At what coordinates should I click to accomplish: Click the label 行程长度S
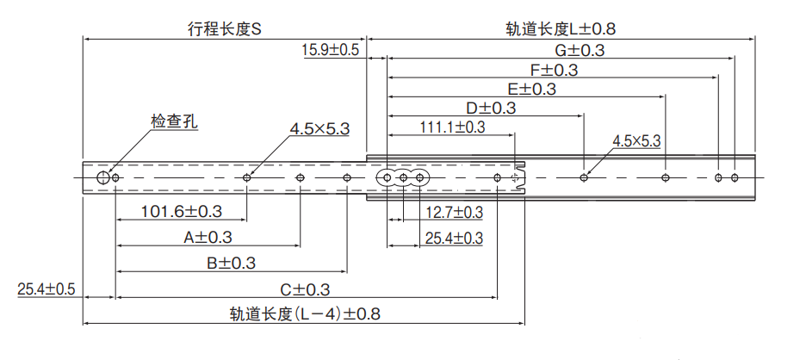pyautogui.click(x=224, y=28)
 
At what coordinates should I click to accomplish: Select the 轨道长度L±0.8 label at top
pyautogui.click(x=561, y=28)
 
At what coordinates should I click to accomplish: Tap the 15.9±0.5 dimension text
pyautogui.click(x=331, y=51)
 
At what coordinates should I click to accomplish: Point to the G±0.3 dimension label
pyautogui.click(x=579, y=51)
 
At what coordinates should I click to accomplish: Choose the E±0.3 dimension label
pyautogui.click(x=531, y=89)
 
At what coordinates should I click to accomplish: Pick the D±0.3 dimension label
pyautogui.click(x=491, y=108)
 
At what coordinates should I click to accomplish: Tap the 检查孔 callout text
pyautogui.click(x=174, y=121)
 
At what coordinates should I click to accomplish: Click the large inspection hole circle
pyautogui.click(x=103, y=178)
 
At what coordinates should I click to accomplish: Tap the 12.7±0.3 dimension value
pyautogui.click(x=454, y=212)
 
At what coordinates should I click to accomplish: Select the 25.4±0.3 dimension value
pyautogui.click(x=454, y=238)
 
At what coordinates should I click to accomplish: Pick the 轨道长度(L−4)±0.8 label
pyautogui.click(x=305, y=314)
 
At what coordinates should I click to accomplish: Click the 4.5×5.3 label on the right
pyautogui.click(x=636, y=140)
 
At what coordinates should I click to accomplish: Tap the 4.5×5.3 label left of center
pyautogui.click(x=319, y=129)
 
